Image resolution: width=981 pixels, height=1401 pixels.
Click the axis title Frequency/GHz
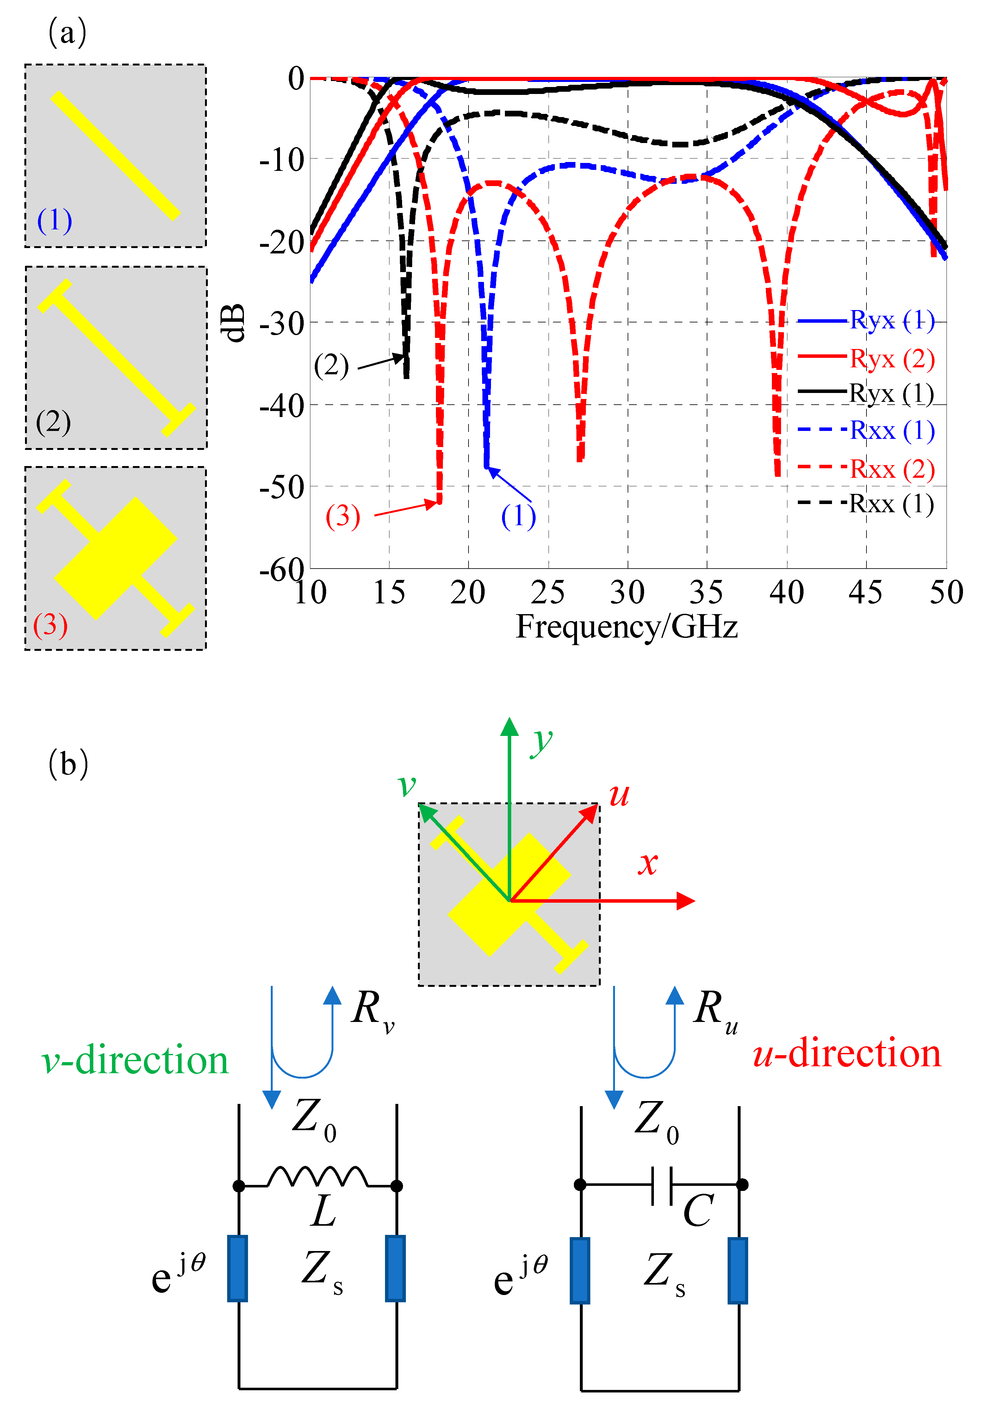[627, 627]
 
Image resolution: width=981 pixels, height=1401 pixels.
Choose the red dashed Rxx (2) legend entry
[866, 469]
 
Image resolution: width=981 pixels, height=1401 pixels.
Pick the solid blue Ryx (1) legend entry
[866, 320]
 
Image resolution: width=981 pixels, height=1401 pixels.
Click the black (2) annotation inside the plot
[331, 365]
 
